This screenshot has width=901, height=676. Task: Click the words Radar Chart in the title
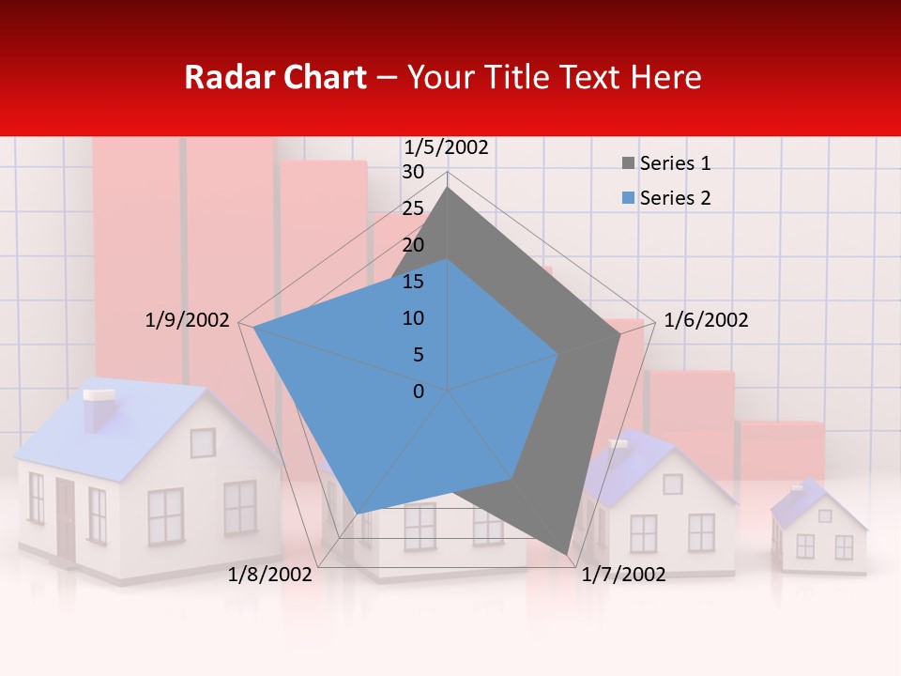click(275, 77)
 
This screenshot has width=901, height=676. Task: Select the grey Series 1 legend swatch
click(628, 163)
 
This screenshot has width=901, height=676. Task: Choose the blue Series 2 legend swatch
click(628, 198)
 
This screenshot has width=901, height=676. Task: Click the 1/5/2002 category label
click(446, 146)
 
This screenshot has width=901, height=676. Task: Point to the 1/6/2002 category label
click(706, 320)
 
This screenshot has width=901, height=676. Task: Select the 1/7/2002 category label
click(623, 575)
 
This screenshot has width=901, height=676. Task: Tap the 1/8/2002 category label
click(269, 575)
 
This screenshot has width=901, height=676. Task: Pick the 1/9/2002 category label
click(188, 320)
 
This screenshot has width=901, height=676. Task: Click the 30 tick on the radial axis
click(412, 172)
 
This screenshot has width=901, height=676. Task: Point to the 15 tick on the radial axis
click(412, 282)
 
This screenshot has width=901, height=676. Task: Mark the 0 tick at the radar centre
click(419, 391)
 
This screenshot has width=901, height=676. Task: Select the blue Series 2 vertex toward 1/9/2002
click(254, 328)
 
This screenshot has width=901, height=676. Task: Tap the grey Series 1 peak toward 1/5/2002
click(448, 187)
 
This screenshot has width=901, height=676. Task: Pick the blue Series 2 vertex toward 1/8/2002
click(358, 514)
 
